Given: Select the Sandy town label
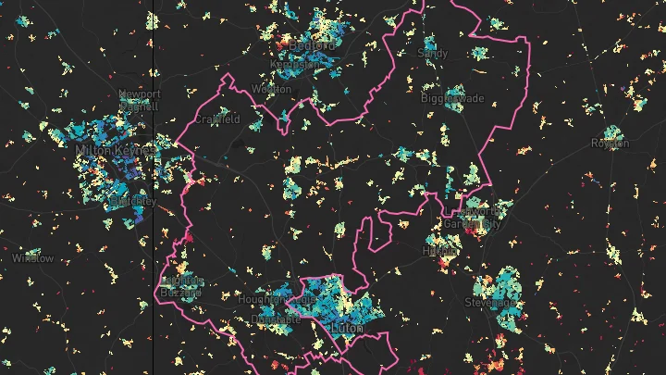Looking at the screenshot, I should pos(433,54).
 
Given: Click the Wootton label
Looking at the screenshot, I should pos(271,89).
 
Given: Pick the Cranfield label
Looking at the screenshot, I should pos(218,119).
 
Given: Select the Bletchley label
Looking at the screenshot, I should pos(133,200).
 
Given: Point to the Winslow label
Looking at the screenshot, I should pos(27,257).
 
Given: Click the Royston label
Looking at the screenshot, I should pos(610,144).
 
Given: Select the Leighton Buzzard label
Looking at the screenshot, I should pos(180,286).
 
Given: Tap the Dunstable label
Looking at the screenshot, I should pos(276,319).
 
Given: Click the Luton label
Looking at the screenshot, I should pos(345,328).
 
